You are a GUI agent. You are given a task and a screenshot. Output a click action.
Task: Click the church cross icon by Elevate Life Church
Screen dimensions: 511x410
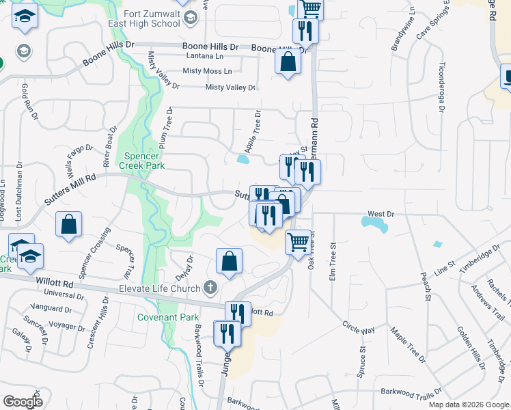click(210, 288)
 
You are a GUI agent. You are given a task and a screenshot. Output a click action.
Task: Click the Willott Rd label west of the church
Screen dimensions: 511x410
click(55, 282)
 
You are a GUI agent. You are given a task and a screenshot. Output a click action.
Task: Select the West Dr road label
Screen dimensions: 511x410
click(381, 214)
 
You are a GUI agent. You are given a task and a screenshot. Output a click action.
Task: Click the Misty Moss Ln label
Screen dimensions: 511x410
click(208, 71)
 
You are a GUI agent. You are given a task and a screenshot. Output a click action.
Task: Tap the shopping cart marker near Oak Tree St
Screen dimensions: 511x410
click(299, 242)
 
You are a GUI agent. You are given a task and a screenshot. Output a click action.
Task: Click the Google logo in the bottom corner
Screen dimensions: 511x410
click(23, 402)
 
